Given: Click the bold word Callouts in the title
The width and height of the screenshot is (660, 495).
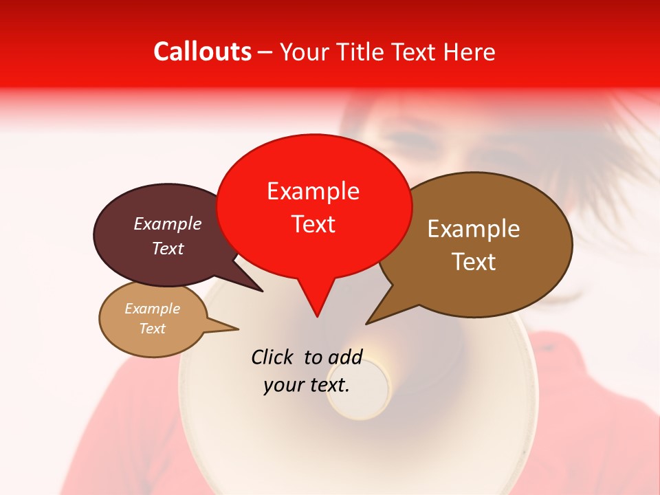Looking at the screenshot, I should click(x=202, y=52).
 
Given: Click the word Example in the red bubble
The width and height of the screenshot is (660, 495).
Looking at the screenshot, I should click(x=313, y=191).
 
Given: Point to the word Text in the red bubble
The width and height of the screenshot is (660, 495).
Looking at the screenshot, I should click(x=313, y=224).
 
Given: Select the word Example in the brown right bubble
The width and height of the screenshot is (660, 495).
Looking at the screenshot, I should click(x=474, y=229).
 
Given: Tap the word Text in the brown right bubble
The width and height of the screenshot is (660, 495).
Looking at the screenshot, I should click(x=474, y=262).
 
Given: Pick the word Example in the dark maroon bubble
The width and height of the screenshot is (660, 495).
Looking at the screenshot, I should click(x=168, y=223).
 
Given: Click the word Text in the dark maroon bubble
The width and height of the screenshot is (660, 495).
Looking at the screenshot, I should click(x=168, y=248).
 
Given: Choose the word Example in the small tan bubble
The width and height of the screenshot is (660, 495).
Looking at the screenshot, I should click(x=152, y=309).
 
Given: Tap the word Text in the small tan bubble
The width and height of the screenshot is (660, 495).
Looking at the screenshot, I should click(x=152, y=329).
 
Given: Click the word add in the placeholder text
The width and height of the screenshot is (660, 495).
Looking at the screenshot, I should click(x=344, y=357).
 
